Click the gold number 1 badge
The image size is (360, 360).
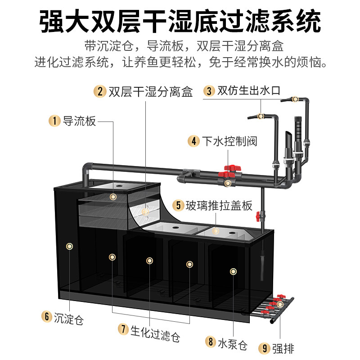pyautogui.click(x=54, y=121)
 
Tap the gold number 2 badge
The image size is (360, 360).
pyautogui.click(x=100, y=91)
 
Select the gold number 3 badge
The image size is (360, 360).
pyautogui.click(x=209, y=91)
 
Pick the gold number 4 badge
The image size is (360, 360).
pyautogui.click(x=194, y=141)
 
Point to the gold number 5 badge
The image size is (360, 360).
pyautogui.click(x=178, y=205)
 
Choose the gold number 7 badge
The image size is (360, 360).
pyautogui.click(x=123, y=329)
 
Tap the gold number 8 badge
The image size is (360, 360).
pyautogui.click(x=211, y=342)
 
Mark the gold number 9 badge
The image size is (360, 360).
pyautogui.click(x=265, y=348)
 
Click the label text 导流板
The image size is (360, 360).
pyautogui.click(x=80, y=121)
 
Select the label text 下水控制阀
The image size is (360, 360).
pyautogui.click(x=229, y=141)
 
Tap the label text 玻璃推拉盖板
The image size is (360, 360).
pyautogui.click(x=219, y=205)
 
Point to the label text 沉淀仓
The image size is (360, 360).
pyautogui.click(x=69, y=319)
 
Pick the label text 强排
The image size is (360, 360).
pyautogui.click(x=283, y=348)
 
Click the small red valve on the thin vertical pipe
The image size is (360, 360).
pyautogui.click(x=258, y=216)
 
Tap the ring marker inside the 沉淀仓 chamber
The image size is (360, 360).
pyautogui.click(x=69, y=246)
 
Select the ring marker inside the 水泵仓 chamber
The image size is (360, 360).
pyautogui.click(x=233, y=272)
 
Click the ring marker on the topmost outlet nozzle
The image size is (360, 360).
pyautogui.click(x=295, y=99)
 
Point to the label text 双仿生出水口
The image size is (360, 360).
pyautogui.click(x=249, y=91)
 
